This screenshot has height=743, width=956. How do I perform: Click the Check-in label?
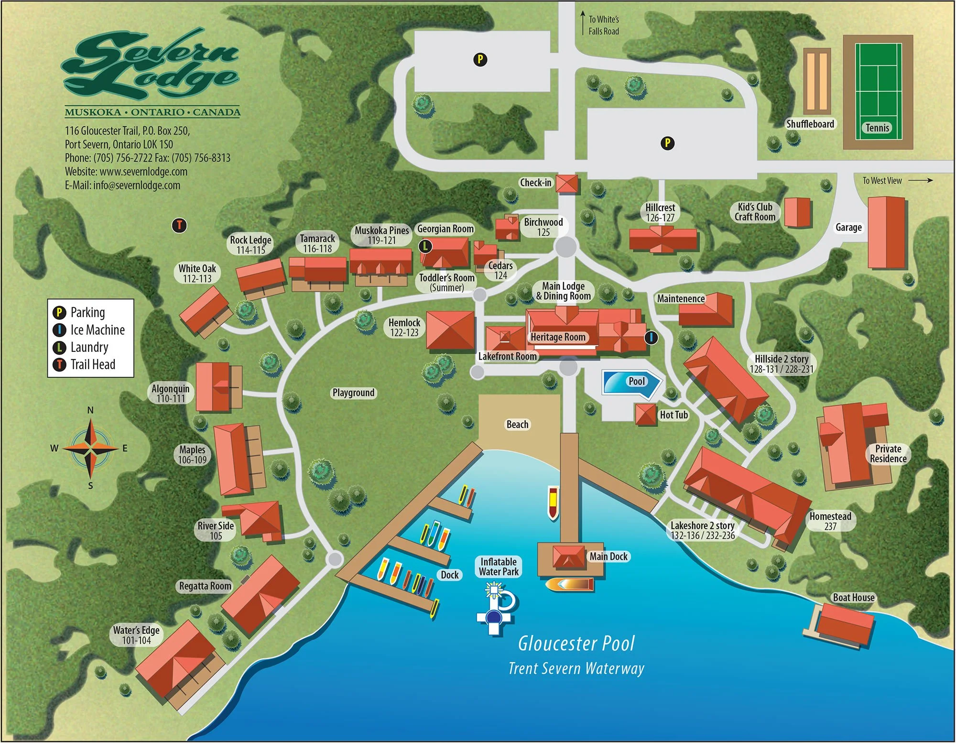pyautogui.click(x=535, y=183)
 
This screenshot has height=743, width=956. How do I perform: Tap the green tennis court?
pyautogui.click(x=878, y=91)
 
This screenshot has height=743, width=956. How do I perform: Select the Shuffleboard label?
pyautogui.click(x=810, y=124)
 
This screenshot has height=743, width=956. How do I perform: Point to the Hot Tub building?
pyautogui.click(x=645, y=415)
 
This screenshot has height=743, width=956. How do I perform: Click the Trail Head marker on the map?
pyautogui.click(x=179, y=225)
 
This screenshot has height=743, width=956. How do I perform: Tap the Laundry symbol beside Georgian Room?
pyautogui.click(x=425, y=246)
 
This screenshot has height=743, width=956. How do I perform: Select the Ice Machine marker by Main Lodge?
pyautogui.click(x=651, y=338)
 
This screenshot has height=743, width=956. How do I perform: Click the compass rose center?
pyautogui.click(x=90, y=448)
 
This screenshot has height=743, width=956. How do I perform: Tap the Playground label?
pyautogui.click(x=354, y=393)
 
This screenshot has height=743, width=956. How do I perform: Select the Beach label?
pyautogui.click(x=517, y=425)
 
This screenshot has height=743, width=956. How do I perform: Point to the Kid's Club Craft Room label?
pyautogui.click(x=755, y=212)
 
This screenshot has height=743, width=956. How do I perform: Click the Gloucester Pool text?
pyautogui.click(x=576, y=644)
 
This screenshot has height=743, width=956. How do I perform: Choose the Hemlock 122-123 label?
pyautogui.click(x=404, y=328)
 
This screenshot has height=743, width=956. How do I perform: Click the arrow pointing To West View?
pyautogui.click(x=920, y=180)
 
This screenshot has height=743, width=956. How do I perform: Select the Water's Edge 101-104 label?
pyautogui.click(x=136, y=635)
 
